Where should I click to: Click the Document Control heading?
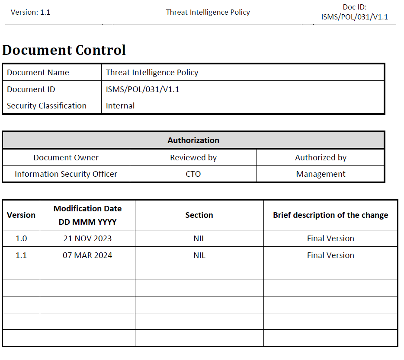pyautogui.click(x=64, y=50)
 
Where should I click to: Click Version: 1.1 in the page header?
pyautogui.click(x=30, y=12)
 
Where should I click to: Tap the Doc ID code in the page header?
pyautogui.click(x=354, y=17)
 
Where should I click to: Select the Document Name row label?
pyautogui.click(x=38, y=72)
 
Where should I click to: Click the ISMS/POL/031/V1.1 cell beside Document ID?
pyautogui.click(x=142, y=89)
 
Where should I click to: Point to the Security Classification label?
pyautogui.click(x=47, y=106)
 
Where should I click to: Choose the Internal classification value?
pyautogui.click(x=120, y=106)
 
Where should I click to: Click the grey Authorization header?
pyautogui.click(x=193, y=140)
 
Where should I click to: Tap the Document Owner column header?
pyautogui.click(x=66, y=158)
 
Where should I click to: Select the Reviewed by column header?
pyautogui.click(x=193, y=158)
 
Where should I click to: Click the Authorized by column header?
pyautogui.click(x=321, y=158)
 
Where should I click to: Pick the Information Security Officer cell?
pyautogui.click(x=66, y=174)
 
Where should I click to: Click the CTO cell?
pyautogui.click(x=193, y=174)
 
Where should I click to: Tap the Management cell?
pyautogui.click(x=321, y=174)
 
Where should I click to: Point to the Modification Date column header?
pyautogui.click(x=87, y=215)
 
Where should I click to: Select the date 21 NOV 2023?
pyautogui.click(x=87, y=239)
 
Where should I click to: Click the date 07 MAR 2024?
pyautogui.click(x=87, y=255)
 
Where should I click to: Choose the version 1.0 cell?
pyautogui.click(x=21, y=239)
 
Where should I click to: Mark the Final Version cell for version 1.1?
pyautogui.click(x=330, y=255)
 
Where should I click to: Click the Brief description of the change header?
pyautogui.click(x=330, y=215)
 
